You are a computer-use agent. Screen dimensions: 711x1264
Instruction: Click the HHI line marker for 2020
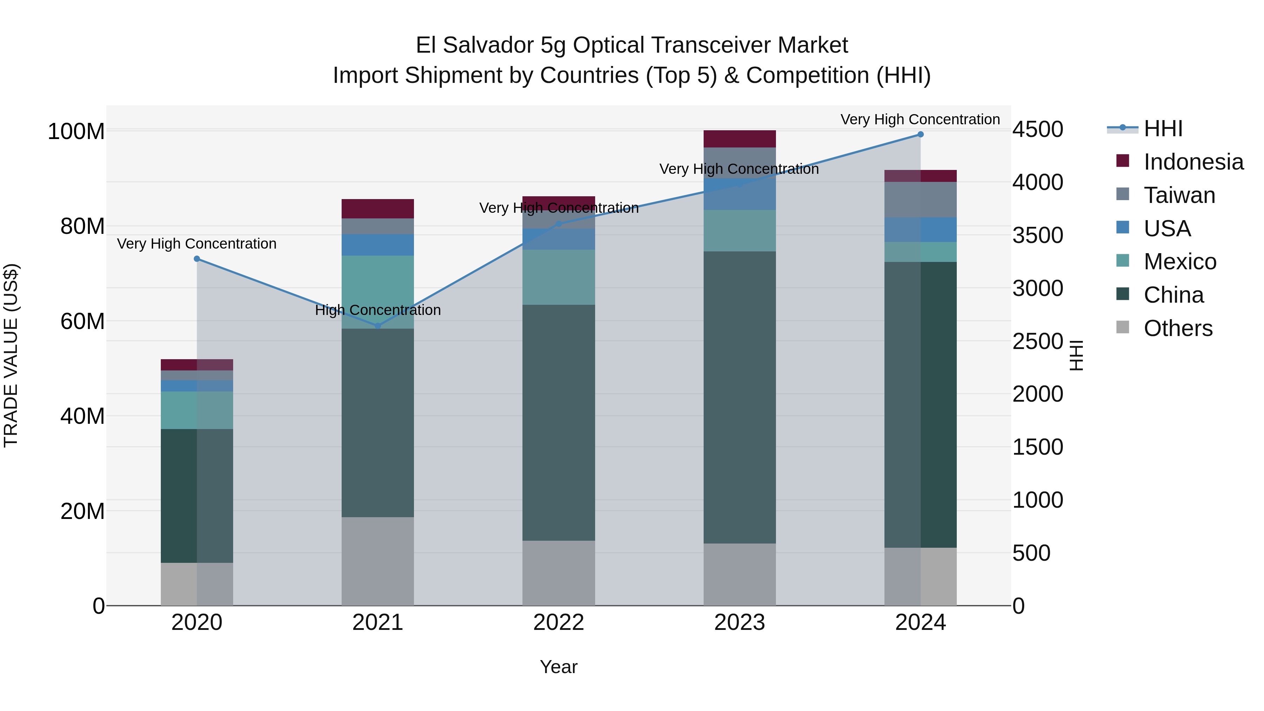(x=197, y=258)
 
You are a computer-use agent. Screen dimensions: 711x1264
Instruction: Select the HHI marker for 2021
(x=377, y=326)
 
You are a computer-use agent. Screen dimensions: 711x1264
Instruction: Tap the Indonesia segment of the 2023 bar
(x=739, y=139)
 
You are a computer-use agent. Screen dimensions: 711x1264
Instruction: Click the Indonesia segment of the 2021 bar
(x=377, y=209)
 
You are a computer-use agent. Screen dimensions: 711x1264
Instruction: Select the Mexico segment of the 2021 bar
(x=377, y=292)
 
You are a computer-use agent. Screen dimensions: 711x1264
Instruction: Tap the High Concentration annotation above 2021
(x=378, y=310)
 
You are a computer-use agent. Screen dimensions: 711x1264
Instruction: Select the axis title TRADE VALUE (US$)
(x=11, y=355)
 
